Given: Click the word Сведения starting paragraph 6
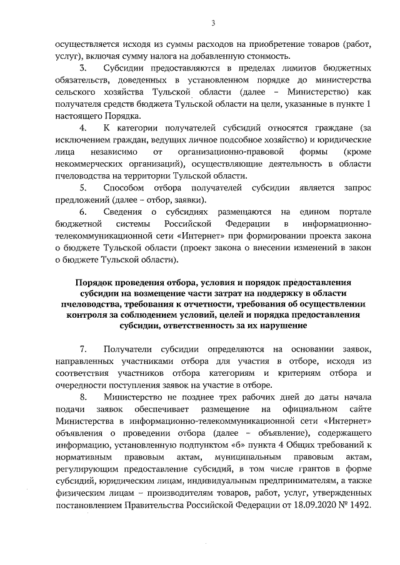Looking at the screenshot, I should [x=126, y=212].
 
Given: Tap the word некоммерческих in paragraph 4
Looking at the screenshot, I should [x=84, y=163].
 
